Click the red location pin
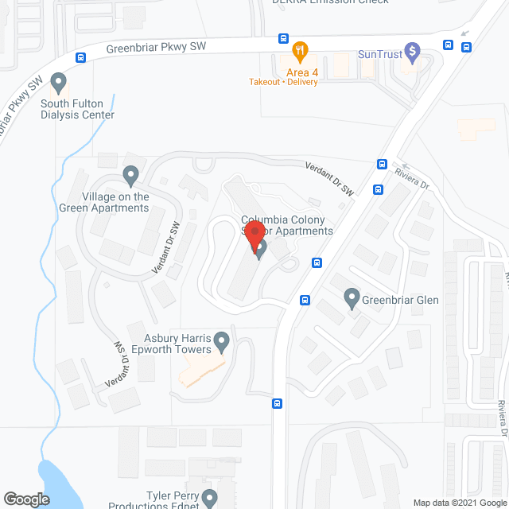coord(254,235)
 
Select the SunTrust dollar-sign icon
coord(412,53)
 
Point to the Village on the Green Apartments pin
coord(131,173)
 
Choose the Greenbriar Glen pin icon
coord(352,299)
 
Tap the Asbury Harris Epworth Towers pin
coord(222,343)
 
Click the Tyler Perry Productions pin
coord(209,499)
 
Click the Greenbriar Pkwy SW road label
coord(156,48)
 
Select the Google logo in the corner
coord(25,499)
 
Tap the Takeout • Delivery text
coord(284,82)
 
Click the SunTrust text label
coord(379,54)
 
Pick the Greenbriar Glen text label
coord(401,300)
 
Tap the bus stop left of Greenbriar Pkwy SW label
coord(81,57)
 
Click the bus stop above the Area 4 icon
coord(283,38)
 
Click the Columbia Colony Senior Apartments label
coord(287,225)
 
